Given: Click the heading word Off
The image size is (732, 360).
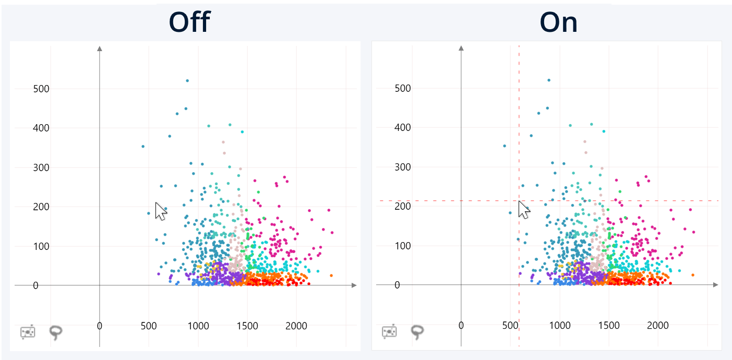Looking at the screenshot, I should tap(189, 22).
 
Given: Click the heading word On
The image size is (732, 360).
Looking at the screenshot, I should tap(558, 22).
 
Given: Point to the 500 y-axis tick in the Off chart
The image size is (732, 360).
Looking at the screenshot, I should tap(41, 89).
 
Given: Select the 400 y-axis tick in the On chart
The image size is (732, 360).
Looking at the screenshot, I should tap(402, 127).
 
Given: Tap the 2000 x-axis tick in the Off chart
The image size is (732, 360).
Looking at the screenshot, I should tap(296, 326).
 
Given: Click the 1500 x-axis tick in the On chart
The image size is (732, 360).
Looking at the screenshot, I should tap(608, 326).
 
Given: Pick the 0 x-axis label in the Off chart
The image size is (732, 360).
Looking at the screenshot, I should tap(100, 326).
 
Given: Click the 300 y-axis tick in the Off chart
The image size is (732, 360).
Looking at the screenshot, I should tap(41, 167).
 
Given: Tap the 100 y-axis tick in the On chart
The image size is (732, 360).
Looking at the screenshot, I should tap(402, 246).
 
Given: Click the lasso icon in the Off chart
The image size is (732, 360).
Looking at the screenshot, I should tap(56, 332).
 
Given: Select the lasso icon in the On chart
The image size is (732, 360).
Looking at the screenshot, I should tap(417, 332).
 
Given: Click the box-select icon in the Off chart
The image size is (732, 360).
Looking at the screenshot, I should tap(28, 332).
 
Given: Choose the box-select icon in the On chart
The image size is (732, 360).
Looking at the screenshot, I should tap(389, 332).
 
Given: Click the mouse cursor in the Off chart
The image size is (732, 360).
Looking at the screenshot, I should tap(161, 210).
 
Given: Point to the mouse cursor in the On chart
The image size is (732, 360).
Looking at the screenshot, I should tap(523, 210).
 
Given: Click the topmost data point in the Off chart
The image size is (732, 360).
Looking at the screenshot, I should tap(187, 81).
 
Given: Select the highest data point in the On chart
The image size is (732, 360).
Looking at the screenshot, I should tap(549, 80).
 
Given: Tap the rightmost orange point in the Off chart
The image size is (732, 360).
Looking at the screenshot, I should tap(331, 275).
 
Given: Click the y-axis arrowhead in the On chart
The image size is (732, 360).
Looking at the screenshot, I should tap(461, 49).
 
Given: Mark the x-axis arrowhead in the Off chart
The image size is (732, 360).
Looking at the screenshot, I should tap(354, 285).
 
